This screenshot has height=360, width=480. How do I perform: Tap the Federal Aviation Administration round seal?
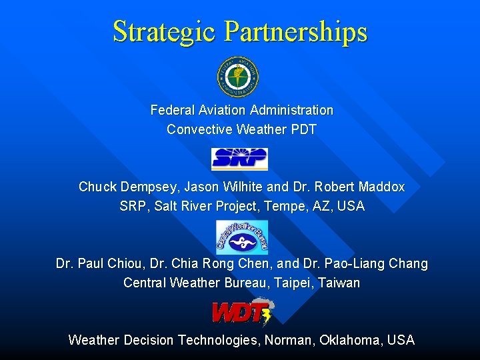point(238,76)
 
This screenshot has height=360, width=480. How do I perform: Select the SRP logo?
point(239,159)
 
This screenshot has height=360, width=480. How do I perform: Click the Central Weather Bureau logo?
point(241,237)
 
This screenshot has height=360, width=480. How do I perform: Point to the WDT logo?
point(241,312)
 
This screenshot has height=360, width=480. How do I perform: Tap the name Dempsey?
point(150,187)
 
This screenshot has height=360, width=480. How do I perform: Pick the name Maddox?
point(381,187)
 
